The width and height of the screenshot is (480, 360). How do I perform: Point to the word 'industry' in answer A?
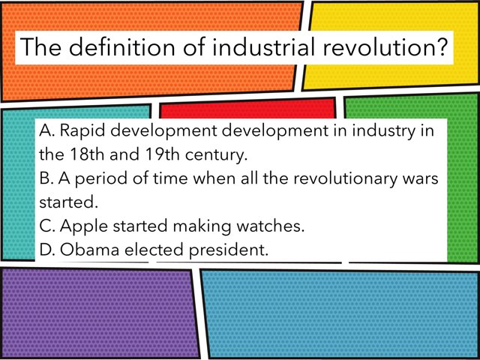tap(386, 131)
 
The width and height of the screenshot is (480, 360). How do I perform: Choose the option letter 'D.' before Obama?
tap(47, 249)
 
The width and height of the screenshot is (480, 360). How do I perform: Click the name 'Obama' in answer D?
tap(87, 249)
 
